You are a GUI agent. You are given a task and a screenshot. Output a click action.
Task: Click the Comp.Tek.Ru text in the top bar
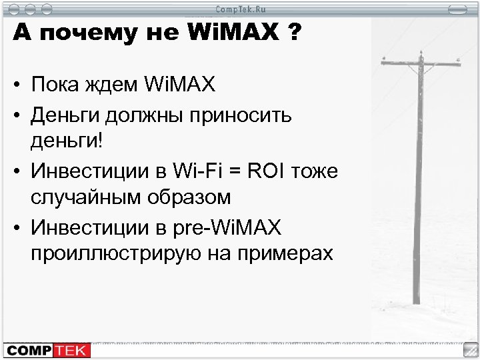239,8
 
